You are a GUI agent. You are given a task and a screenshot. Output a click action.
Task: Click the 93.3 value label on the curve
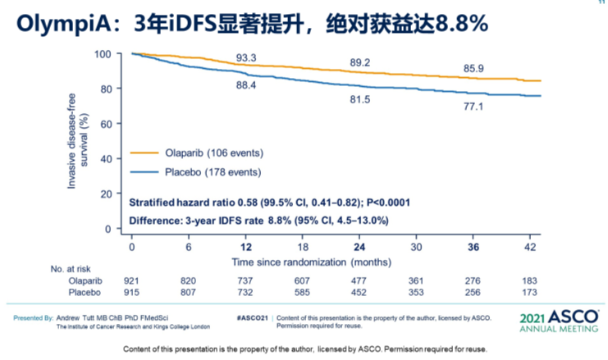[x=247, y=58]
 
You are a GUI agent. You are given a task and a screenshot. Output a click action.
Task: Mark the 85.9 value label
[x=473, y=69]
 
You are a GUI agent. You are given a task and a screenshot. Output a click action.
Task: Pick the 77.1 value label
[x=473, y=107]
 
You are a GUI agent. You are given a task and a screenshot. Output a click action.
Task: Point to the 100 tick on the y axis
[x=103, y=54]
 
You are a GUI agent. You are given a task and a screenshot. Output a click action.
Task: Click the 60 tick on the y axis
[x=106, y=124]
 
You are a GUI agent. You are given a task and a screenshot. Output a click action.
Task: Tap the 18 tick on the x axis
[x=303, y=246]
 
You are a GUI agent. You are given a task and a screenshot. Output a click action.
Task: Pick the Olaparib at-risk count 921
[x=132, y=281]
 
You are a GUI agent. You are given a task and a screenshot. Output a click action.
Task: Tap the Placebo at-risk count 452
[x=359, y=293]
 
